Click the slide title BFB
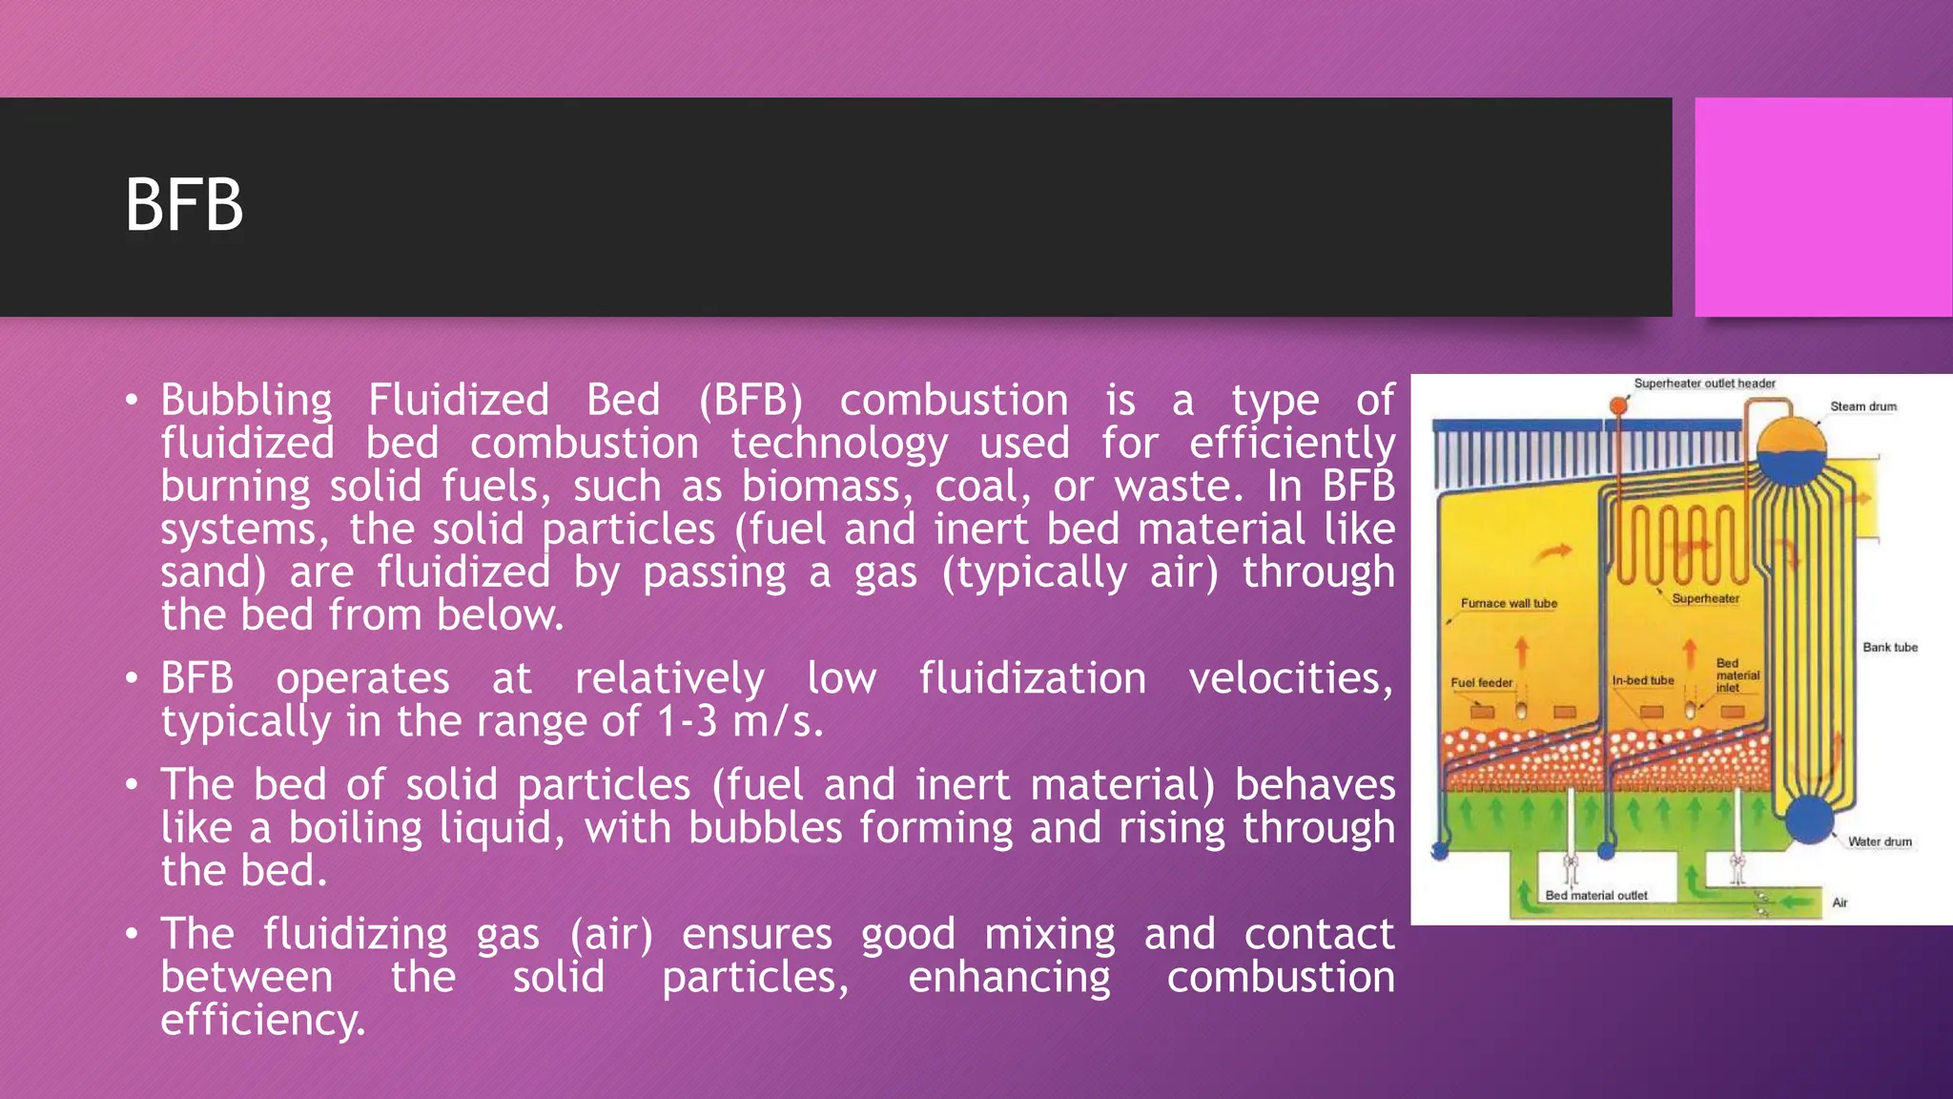(184, 205)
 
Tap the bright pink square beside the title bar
(1822, 207)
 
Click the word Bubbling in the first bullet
(246, 400)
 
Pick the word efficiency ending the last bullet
(262, 1020)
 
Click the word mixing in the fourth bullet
(1049, 934)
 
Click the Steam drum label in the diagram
(1862, 406)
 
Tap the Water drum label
(1880, 841)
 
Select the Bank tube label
(1890, 647)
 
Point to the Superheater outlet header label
(1704, 384)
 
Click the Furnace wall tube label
(1509, 603)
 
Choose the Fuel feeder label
(1481, 683)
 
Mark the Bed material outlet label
(1595, 896)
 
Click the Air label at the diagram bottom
(1840, 902)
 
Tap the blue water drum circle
(1809, 819)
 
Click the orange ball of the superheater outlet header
(1618, 406)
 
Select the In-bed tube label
(1642, 681)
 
